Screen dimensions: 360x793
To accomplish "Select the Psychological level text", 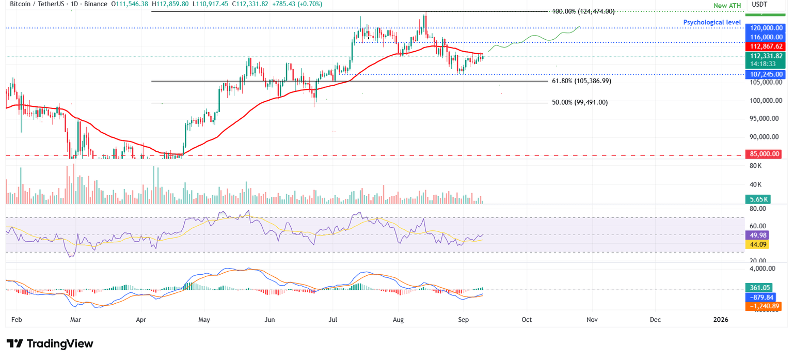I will point(711,23).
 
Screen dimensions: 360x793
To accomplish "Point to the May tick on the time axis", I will point(204,320).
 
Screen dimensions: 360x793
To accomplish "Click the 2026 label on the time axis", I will point(720,320).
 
